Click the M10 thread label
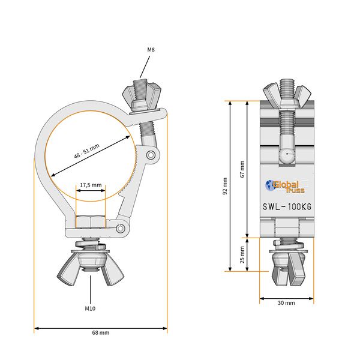pyautogui.click(x=90, y=308)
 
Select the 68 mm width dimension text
pyautogui.click(x=100, y=332)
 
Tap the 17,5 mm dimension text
pyautogui.click(x=91, y=185)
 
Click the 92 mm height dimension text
pyautogui.click(x=225, y=186)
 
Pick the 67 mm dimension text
pyautogui.click(x=242, y=169)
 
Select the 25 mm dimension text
pyautogui.click(x=242, y=254)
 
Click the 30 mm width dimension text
pyautogui.click(x=286, y=303)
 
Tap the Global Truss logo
pyautogui.click(x=286, y=187)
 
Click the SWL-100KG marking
pyautogui.click(x=287, y=207)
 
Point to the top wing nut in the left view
pyautogui.click(x=139, y=97)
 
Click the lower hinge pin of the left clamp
pyautogui.click(x=121, y=228)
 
